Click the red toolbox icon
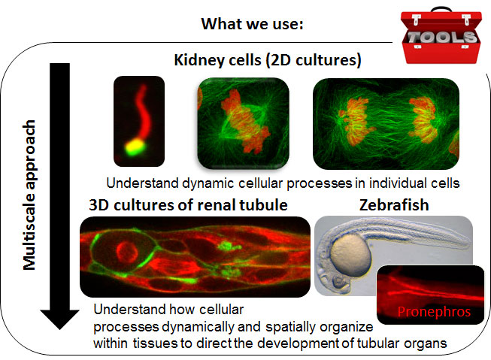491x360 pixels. (x=441, y=35)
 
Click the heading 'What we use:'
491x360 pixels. (x=252, y=24)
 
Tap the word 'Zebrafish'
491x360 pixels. (x=394, y=205)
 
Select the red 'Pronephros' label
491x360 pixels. (x=434, y=311)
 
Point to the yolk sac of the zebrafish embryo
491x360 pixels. (x=350, y=255)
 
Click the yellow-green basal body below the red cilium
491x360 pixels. (x=135, y=147)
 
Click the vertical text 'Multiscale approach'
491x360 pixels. (x=29, y=195)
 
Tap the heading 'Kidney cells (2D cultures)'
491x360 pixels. (x=268, y=60)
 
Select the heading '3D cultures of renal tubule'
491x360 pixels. (x=188, y=205)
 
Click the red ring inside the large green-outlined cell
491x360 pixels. (x=127, y=252)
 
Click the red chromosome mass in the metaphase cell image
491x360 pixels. (x=245, y=122)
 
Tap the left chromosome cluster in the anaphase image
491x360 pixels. (x=356, y=122)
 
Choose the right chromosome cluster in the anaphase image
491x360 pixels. (x=423, y=119)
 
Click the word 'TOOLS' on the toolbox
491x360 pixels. (x=441, y=38)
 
